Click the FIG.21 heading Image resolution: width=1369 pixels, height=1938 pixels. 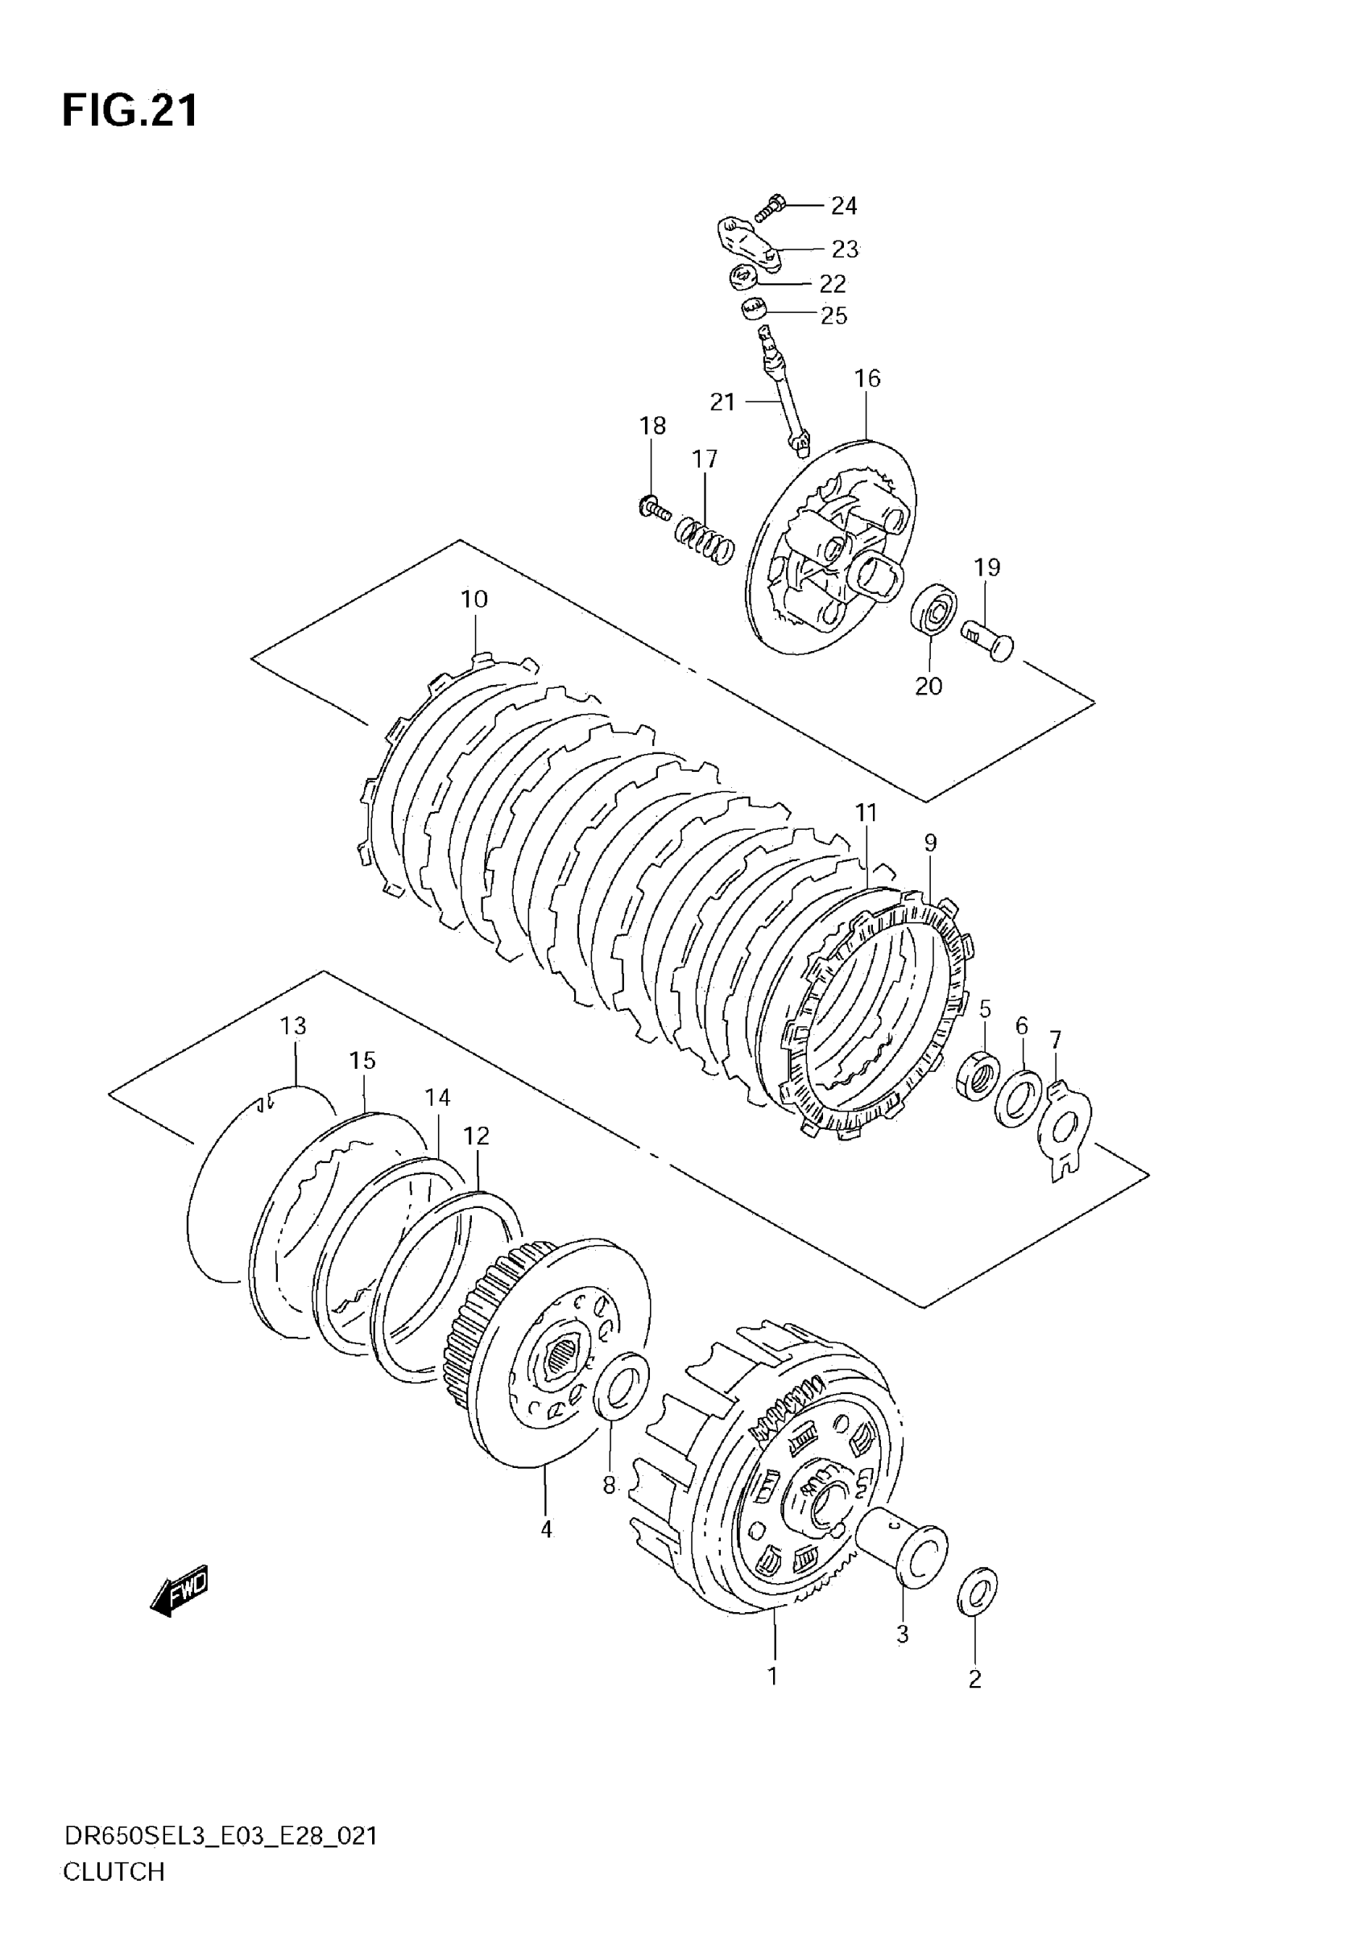[130, 110]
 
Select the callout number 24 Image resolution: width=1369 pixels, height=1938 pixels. [844, 205]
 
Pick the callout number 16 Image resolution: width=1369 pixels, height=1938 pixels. [867, 378]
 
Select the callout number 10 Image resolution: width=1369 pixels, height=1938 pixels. [474, 600]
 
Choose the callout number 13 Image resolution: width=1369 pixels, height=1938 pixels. [293, 1026]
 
